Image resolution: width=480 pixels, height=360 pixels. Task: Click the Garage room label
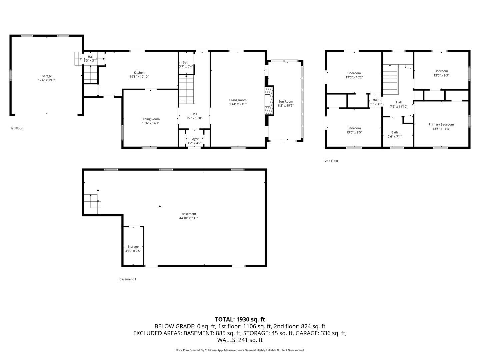47,76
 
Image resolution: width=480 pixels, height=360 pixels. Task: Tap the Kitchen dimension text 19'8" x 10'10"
139,77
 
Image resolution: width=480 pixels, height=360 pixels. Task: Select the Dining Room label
150,119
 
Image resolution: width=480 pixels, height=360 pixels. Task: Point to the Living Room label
238,100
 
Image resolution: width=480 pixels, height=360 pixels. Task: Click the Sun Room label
286,101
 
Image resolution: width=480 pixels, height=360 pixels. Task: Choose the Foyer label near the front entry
194,139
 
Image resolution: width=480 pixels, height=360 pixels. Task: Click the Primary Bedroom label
441,124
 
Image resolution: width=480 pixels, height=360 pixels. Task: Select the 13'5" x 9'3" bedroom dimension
441,75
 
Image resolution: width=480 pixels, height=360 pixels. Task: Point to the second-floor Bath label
394,132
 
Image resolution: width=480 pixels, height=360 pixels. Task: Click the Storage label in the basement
133,247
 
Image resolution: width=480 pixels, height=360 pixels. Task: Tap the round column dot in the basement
160,206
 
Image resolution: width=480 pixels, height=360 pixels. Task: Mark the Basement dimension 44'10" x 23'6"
189,218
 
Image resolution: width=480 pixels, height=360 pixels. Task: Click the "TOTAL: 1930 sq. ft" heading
240,319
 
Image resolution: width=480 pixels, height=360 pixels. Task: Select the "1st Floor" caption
16,128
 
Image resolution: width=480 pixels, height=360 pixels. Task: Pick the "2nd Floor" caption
332,161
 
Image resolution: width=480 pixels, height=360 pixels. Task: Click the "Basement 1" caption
128,279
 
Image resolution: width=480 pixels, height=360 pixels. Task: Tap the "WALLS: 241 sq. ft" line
240,340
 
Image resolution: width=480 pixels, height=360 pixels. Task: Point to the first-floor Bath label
186,62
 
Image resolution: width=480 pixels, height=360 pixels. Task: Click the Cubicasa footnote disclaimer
240,350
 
